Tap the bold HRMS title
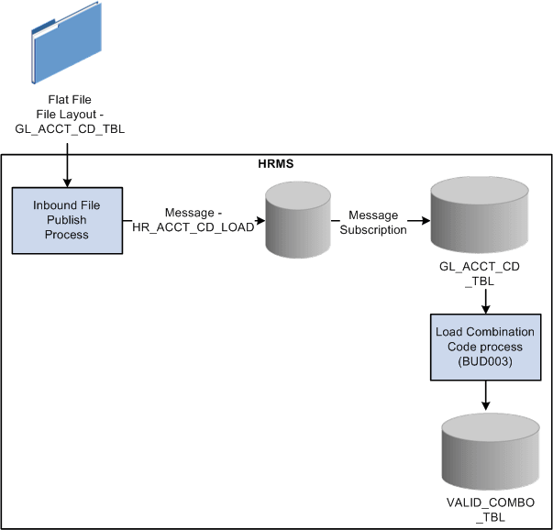(275, 166)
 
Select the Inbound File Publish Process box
(67, 220)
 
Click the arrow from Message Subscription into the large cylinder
(418, 220)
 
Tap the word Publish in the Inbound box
(67, 220)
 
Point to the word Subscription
(378, 230)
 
